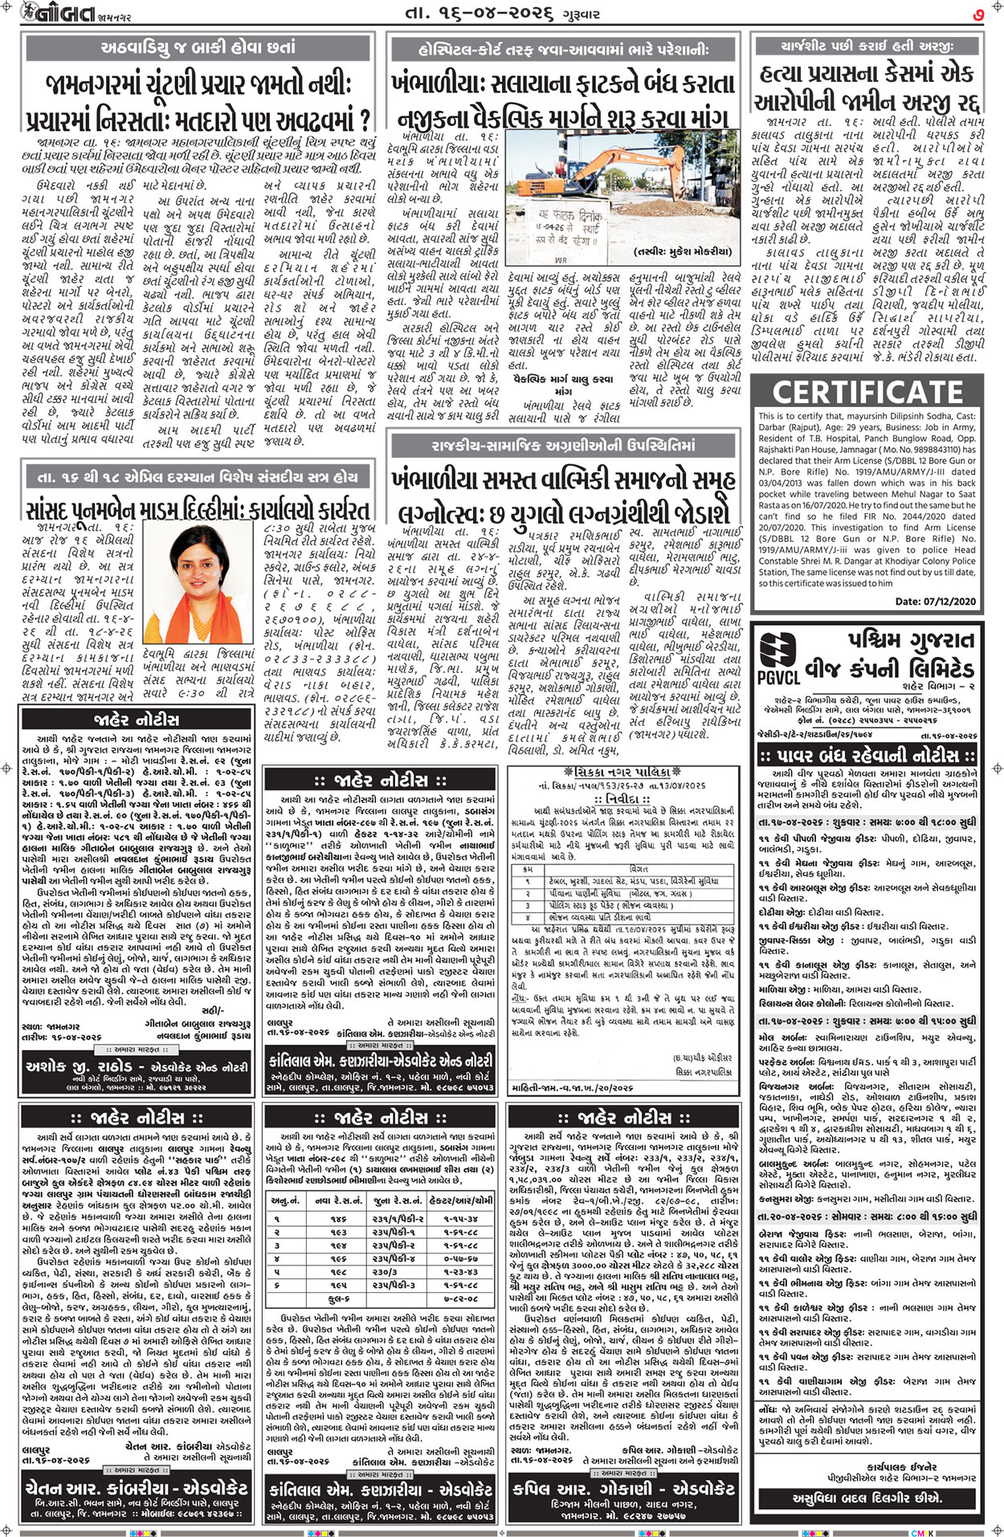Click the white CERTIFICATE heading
(x=867, y=392)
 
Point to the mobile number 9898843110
(x=933, y=450)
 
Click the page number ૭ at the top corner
(x=978, y=14)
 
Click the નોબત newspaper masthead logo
(x=56, y=14)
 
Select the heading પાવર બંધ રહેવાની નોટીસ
(x=867, y=754)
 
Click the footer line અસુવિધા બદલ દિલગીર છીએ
(x=867, y=1498)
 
